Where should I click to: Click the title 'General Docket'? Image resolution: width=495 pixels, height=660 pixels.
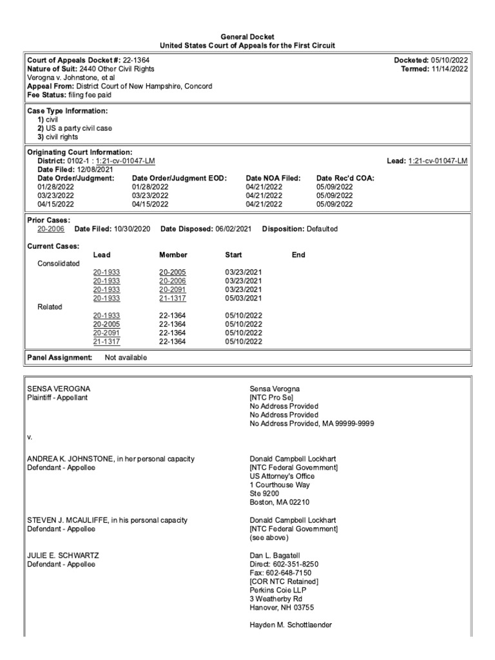tap(247, 37)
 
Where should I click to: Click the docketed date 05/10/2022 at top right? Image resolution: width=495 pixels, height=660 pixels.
tap(449, 60)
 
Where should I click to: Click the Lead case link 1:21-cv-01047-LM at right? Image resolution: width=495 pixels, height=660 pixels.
tap(438, 160)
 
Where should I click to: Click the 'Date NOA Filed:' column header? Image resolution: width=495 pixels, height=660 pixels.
tap(274, 178)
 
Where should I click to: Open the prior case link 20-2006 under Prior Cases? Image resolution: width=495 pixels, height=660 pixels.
tap(51, 229)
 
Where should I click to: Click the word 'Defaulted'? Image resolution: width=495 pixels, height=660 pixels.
tap(322, 229)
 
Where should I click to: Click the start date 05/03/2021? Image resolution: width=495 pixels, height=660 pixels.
tap(243, 298)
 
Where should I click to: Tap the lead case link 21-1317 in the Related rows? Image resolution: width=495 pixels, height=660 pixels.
tap(106, 341)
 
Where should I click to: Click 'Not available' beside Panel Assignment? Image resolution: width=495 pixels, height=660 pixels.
tap(126, 357)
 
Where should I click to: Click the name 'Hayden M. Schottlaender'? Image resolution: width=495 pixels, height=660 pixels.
tap(291, 625)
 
